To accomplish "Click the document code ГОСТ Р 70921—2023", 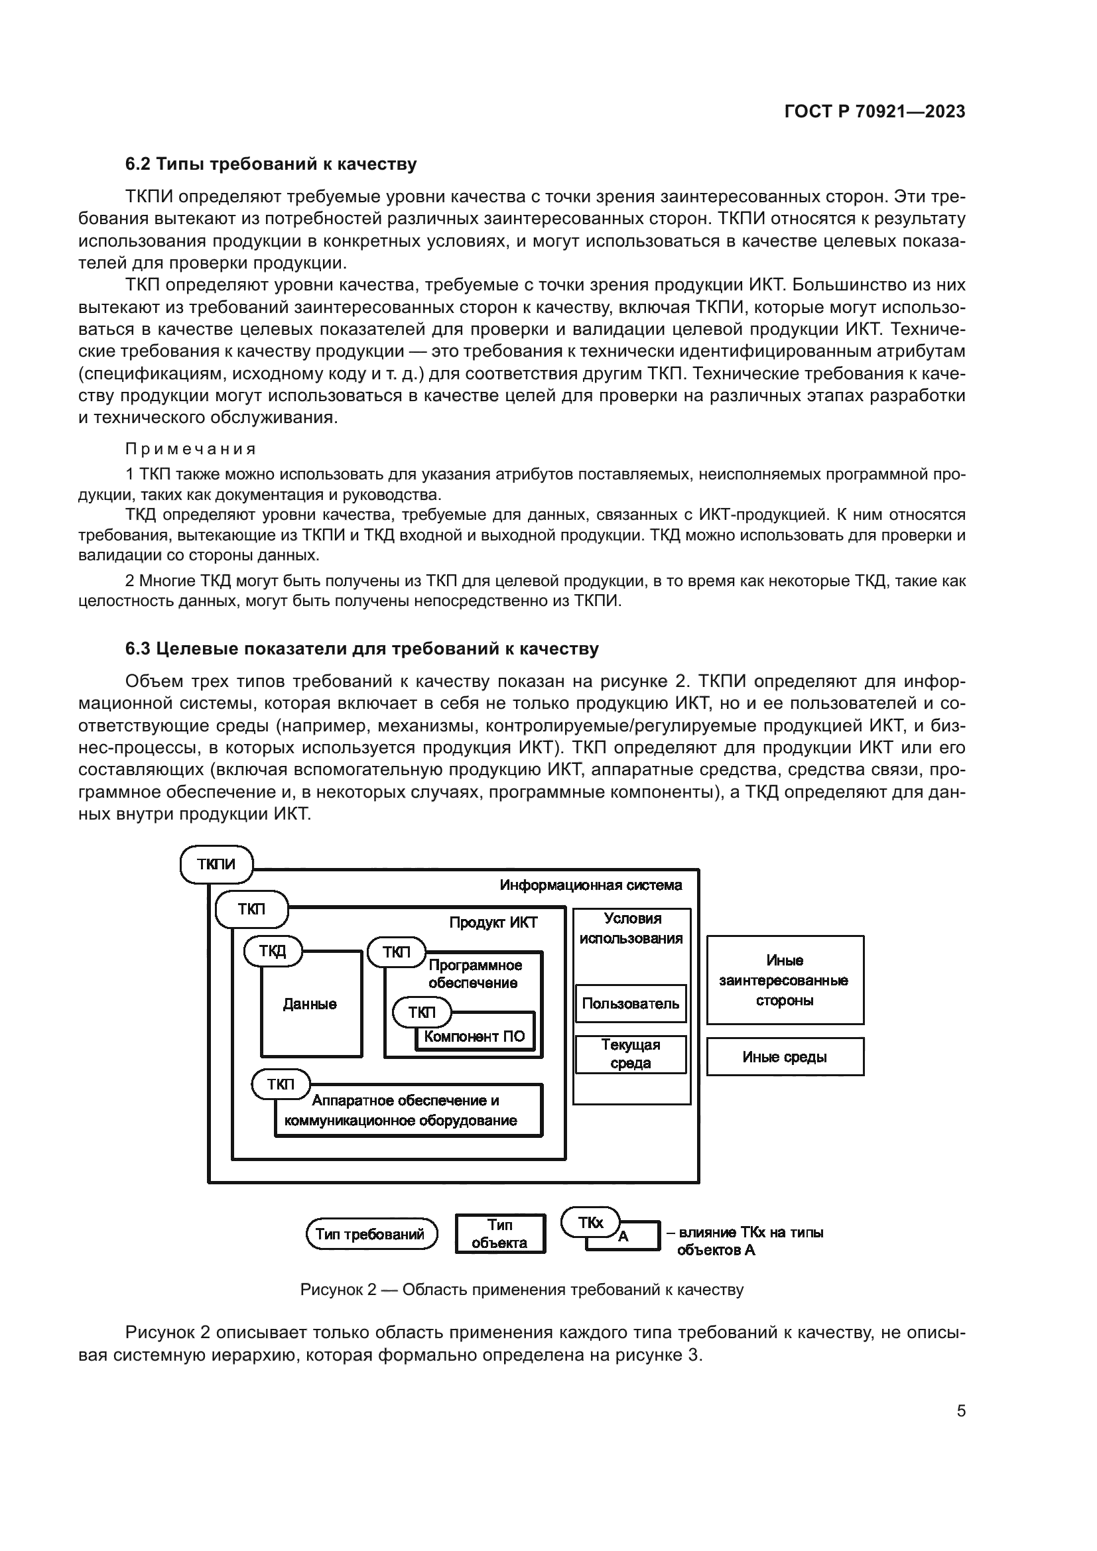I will [x=875, y=112].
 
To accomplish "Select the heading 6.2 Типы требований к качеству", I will [x=271, y=164].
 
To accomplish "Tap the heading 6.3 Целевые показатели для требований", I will [x=362, y=649].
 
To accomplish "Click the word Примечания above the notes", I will [x=191, y=450].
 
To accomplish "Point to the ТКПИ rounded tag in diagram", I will [x=216, y=864].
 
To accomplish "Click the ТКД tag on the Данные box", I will [x=272, y=951].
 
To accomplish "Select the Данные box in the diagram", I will [x=310, y=1005].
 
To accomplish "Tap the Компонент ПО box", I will [x=474, y=1037].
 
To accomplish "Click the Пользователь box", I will [x=630, y=1004].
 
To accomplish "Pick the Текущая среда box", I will [x=630, y=1054].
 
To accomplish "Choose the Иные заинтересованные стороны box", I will [x=785, y=980].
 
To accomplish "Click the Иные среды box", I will [x=785, y=1057].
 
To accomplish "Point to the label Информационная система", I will [x=590, y=886].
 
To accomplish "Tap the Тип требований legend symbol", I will [x=371, y=1235].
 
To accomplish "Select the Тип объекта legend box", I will [x=500, y=1234].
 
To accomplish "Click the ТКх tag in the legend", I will [x=590, y=1223].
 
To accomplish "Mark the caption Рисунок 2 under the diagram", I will [x=521, y=1290].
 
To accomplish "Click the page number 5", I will [x=960, y=1411].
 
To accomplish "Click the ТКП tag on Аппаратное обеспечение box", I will [x=281, y=1085].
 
